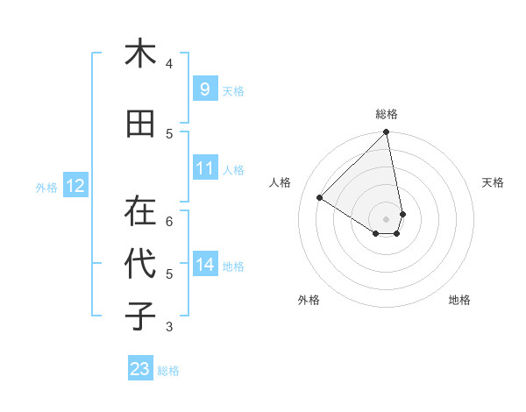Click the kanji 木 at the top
coord(140,53)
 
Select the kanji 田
coord(140,124)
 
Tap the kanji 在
coord(140,211)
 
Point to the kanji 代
coord(140,264)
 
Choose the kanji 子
coord(140,316)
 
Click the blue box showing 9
coord(204,89)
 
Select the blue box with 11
coord(204,168)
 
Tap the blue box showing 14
coord(204,265)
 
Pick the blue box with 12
coord(75,186)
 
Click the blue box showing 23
coord(140,369)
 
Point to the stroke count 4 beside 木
coord(169,63)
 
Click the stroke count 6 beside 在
coord(169,221)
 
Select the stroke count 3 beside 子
coord(169,327)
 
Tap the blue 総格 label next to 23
coord(168,371)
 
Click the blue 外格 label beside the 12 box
coord(46,187)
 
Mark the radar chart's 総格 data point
coord(387,132)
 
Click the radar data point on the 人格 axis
coord(320,198)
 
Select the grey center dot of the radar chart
coord(387,218)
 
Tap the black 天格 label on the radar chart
coord(494,182)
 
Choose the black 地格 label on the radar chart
coord(459,300)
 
